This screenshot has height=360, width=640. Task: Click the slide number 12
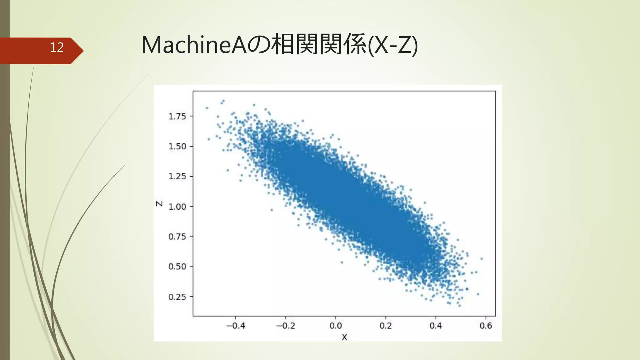click(x=57, y=47)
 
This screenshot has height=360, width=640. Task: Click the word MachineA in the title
click(x=194, y=45)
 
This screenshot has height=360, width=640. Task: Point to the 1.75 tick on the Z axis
click(x=177, y=117)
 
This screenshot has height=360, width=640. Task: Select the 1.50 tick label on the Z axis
click(x=177, y=147)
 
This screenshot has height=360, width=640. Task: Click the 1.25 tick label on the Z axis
click(x=177, y=177)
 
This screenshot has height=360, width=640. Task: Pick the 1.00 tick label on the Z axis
click(x=177, y=207)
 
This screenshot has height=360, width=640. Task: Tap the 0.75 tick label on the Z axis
click(x=177, y=237)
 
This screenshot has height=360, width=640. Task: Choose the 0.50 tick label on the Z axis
click(x=177, y=267)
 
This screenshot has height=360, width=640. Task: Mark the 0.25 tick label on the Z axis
click(x=177, y=297)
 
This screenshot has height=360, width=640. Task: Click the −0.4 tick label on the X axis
click(x=236, y=326)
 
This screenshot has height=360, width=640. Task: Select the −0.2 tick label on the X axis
click(x=286, y=326)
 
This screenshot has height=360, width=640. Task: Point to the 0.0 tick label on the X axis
click(x=336, y=326)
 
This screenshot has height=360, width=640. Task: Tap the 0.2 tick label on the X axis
click(x=386, y=326)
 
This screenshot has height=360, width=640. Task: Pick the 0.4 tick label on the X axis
click(x=436, y=326)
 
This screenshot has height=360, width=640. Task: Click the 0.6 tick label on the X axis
click(x=486, y=326)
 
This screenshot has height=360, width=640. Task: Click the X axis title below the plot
click(x=344, y=337)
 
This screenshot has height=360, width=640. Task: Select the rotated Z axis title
click(x=159, y=204)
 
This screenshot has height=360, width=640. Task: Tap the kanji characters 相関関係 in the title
click(x=319, y=45)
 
